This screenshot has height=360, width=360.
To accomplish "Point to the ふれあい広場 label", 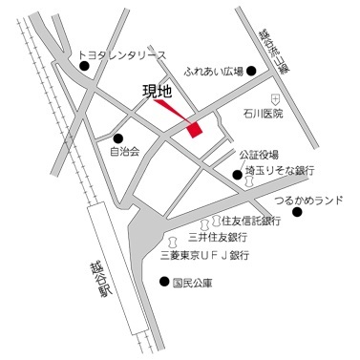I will pos(214,71).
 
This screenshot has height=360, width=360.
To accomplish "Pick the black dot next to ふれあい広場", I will pos(251,71).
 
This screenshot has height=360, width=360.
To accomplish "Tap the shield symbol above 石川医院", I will pos(274,99).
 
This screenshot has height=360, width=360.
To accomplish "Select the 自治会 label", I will pos(125,150).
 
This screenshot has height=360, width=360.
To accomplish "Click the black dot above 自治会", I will pos(118,137).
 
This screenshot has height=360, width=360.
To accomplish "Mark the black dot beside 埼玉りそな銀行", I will pos(237,174).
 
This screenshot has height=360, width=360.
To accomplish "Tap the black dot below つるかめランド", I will pos(296,212).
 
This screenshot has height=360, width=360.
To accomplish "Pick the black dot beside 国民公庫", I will pos(163,282).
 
